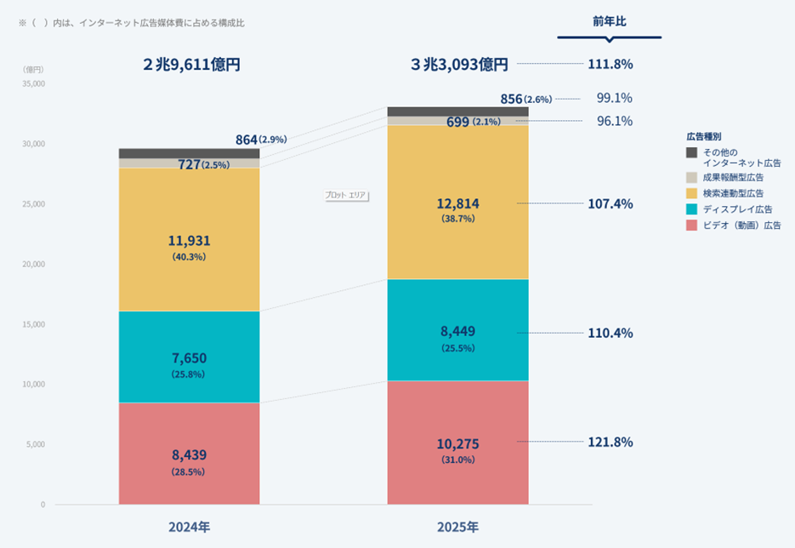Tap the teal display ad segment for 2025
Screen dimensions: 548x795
click(x=457, y=330)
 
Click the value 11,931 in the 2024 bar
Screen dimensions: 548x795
click(x=189, y=241)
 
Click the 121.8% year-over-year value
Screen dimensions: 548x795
click(x=610, y=442)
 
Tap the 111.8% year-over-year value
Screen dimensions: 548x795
click(x=610, y=64)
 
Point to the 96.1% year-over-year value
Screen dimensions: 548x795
click(x=614, y=121)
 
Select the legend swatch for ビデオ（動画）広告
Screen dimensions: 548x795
click(x=692, y=225)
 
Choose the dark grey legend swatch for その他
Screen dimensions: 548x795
click(x=692, y=152)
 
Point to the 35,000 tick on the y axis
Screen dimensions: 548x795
click(x=33, y=84)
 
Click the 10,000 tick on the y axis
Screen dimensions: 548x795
click(x=33, y=385)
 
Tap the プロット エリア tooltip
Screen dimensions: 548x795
click(x=346, y=195)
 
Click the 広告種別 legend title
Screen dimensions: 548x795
click(x=704, y=136)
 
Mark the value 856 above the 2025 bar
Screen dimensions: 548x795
click(x=511, y=100)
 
